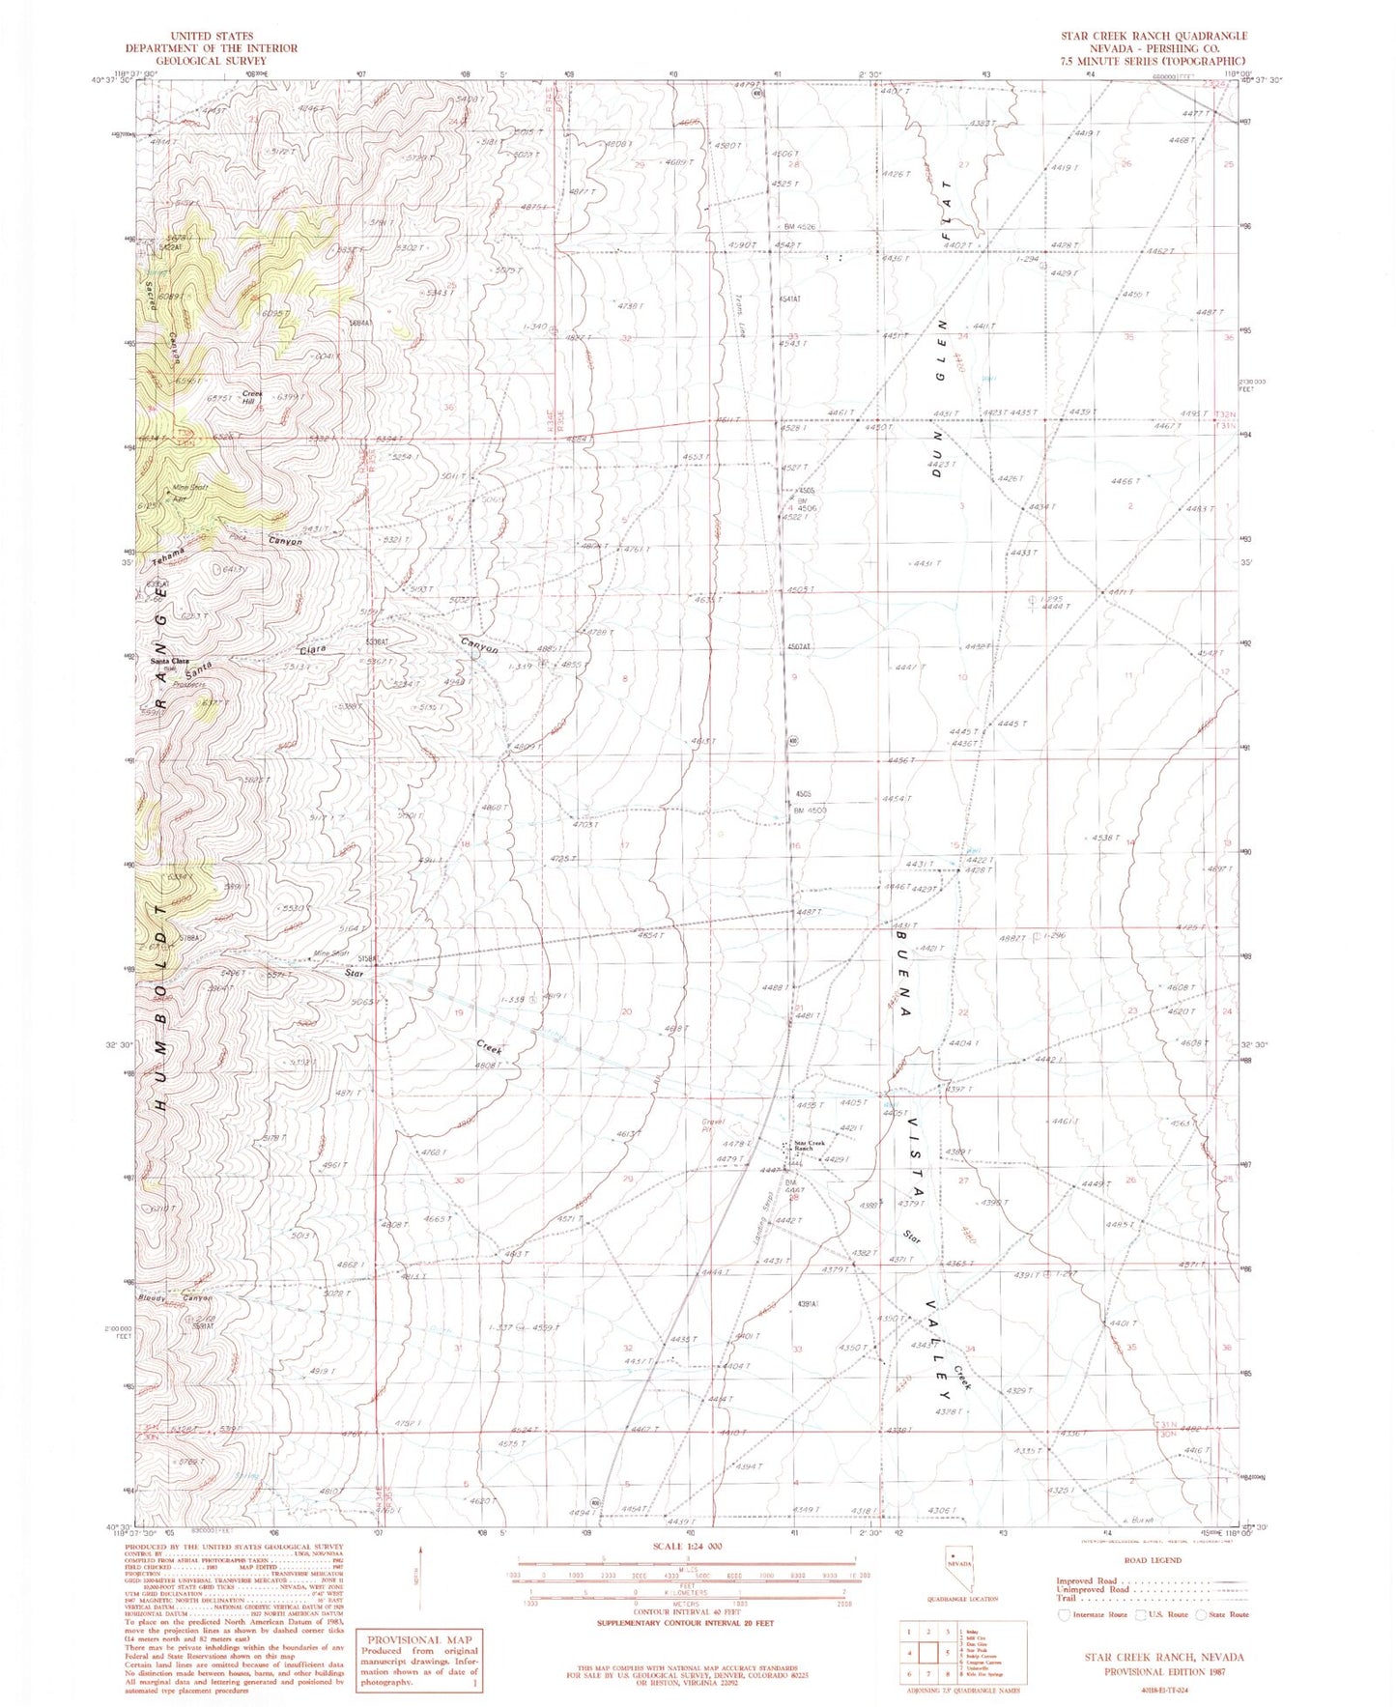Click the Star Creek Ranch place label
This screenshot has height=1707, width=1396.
tap(809, 1146)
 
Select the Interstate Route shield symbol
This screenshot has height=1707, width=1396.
tap(1065, 1614)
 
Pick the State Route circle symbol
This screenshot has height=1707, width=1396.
tap(1202, 1614)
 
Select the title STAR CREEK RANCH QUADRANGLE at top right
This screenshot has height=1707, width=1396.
tap(1154, 36)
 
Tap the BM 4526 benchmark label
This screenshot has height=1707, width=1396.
tap(797, 227)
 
